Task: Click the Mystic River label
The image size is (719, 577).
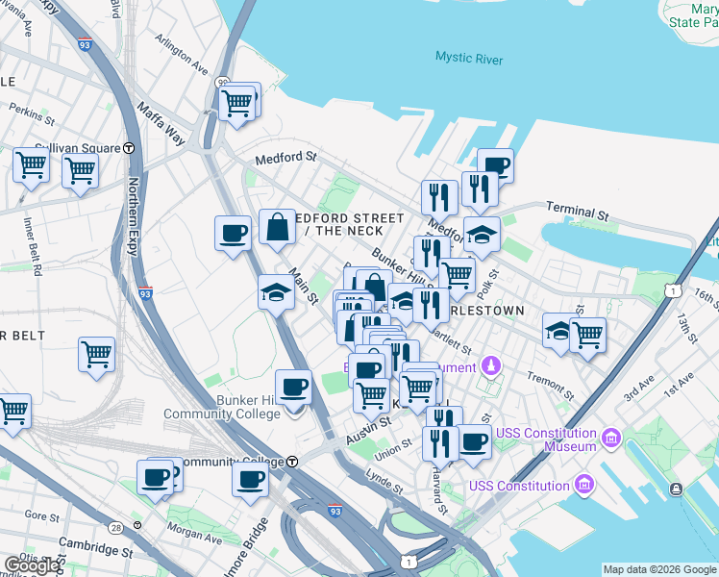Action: tap(468, 59)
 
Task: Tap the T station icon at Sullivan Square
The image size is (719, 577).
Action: tap(129, 148)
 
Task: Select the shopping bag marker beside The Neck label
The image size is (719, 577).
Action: tap(277, 229)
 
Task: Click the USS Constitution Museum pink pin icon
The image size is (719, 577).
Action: tap(609, 440)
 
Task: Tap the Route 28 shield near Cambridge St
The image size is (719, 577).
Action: tap(116, 528)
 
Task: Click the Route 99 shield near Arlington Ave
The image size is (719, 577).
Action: tap(223, 84)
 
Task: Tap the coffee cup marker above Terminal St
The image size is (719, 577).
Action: tap(495, 166)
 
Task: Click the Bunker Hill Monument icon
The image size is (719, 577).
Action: tap(491, 366)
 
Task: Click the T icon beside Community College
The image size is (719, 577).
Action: tap(292, 462)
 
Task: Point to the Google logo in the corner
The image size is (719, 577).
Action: tap(32, 565)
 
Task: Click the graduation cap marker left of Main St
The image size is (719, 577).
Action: tap(276, 291)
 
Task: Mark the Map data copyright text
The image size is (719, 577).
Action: tap(658, 569)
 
